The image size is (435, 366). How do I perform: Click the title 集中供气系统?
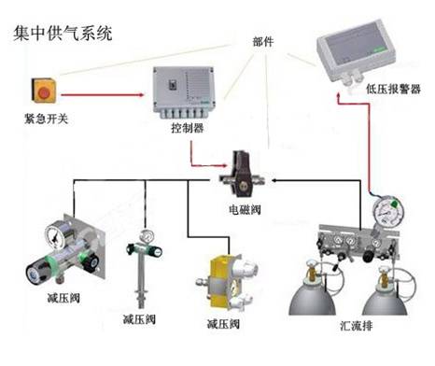click(x=63, y=35)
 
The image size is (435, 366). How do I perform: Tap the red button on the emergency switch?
click(x=43, y=91)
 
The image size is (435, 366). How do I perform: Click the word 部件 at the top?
click(x=265, y=43)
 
